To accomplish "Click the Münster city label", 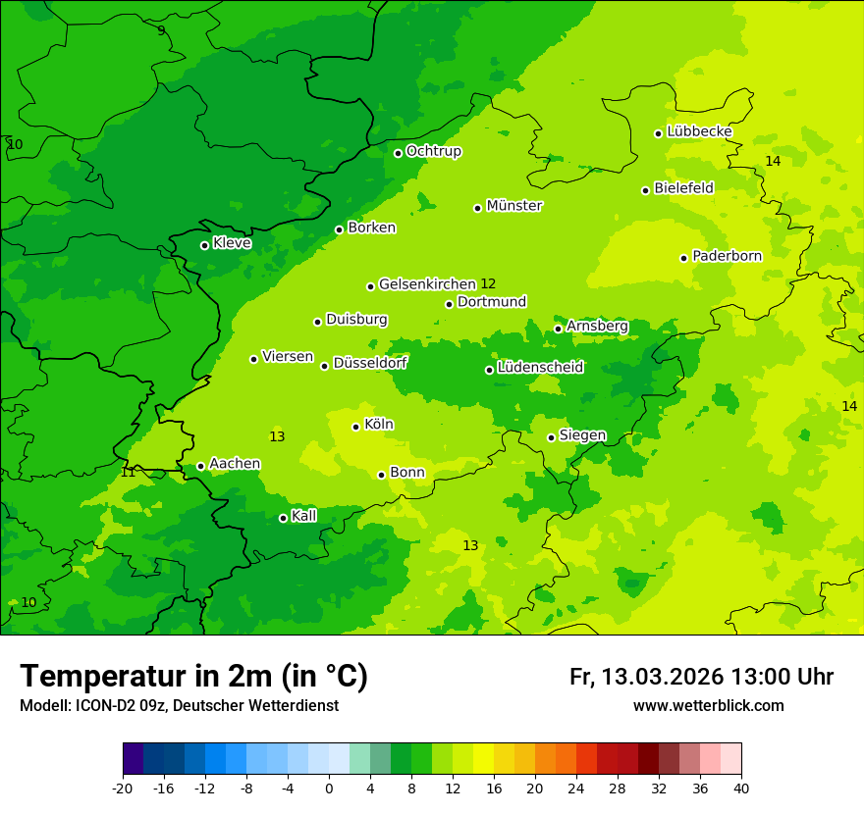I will click(x=514, y=206).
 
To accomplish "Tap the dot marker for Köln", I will click(x=355, y=427).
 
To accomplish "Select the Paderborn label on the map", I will click(x=727, y=256).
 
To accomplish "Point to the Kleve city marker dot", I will click(x=204, y=245).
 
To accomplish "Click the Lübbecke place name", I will click(x=699, y=131).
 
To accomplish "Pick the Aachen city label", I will click(x=235, y=464).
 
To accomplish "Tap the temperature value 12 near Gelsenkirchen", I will click(x=488, y=284).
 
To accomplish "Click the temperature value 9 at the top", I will click(x=161, y=30).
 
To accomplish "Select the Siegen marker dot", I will click(x=551, y=437).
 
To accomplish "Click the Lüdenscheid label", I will click(x=540, y=368).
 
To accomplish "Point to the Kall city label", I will click(x=304, y=516).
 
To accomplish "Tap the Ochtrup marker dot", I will click(x=398, y=153).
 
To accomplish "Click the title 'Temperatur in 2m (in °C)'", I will click(x=193, y=676).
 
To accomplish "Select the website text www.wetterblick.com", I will click(x=708, y=705).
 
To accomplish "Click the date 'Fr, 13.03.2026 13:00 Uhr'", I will click(x=701, y=677).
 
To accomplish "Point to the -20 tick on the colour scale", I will click(x=123, y=788).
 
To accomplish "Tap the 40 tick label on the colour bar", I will click(x=741, y=788).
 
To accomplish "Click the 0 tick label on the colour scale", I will click(x=329, y=788).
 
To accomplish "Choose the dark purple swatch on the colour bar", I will click(x=133, y=759).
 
